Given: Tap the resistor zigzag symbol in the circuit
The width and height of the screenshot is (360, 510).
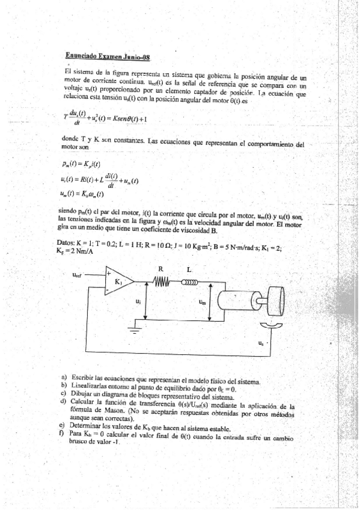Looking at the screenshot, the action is pos(162,281).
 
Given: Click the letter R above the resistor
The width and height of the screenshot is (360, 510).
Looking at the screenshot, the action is pos(161,269).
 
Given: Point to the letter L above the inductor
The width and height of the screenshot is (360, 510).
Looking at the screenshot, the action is pos(191,269).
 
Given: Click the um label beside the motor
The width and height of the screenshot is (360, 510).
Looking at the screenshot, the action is pos(203,303).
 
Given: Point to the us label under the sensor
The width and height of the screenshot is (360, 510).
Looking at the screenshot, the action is pos(260,343).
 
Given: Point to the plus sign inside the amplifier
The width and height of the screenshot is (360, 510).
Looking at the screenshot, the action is pos(109,274).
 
